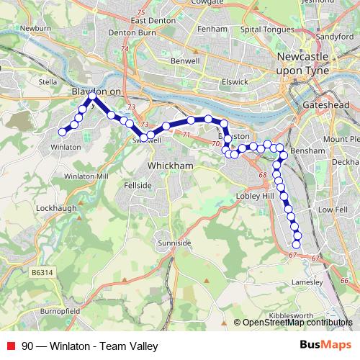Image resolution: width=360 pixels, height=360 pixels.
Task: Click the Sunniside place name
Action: (176, 243)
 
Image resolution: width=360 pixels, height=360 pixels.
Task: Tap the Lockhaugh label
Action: (50, 207)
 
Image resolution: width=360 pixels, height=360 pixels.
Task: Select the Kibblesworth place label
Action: (290, 315)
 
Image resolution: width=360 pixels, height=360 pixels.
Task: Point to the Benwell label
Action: (185, 62)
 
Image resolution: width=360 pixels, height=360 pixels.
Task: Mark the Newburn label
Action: (35, 28)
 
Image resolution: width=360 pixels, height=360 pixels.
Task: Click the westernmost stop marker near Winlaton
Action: (62, 132)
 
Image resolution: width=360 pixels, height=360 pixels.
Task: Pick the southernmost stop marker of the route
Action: (296, 245)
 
